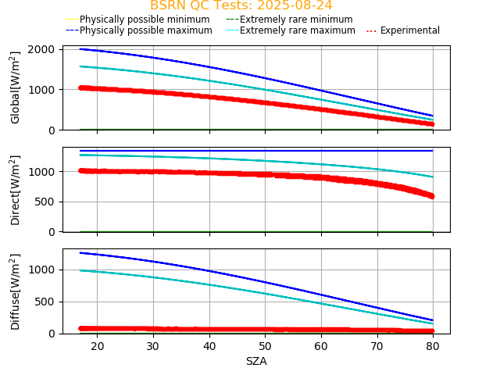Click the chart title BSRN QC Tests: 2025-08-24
pos(241,5)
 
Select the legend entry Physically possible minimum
pos(145,20)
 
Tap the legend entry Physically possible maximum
pos(145,30)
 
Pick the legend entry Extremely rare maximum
pos(298,30)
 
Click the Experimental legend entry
pos(410,30)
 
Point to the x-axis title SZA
pos(256,361)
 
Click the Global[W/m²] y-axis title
pos(15,87)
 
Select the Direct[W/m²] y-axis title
pos(15,190)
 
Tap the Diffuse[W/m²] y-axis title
pos(15,291)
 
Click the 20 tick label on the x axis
pos(97,346)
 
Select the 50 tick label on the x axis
pos(265,346)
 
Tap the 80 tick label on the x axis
pos(433,346)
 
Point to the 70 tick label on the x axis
pos(377,346)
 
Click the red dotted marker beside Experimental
pos(372,30)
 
